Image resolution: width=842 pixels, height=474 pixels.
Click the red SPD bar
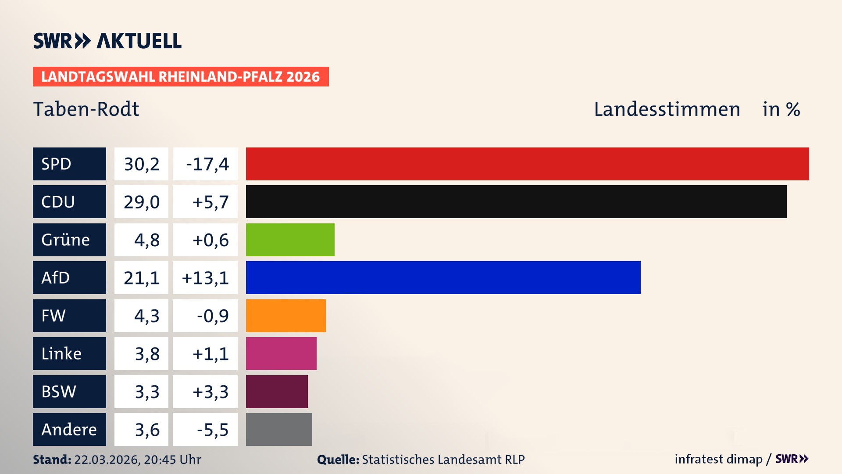(x=527, y=164)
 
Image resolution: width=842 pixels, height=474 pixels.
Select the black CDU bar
(x=516, y=201)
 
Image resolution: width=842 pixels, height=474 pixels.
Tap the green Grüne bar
(x=290, y=240)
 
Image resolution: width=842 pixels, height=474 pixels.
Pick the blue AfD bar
(x=443, y=277)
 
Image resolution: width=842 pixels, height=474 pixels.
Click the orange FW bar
(x=285, y=316)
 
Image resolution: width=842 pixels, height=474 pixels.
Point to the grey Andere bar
(x=279, y=429)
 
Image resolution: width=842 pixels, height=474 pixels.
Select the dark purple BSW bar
(x=277, y=391)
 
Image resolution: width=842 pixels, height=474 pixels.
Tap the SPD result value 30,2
(x=141, y=164)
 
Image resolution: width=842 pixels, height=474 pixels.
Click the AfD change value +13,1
(x=205, y=278)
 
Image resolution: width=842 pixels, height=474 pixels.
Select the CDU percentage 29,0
(x=141, y=202)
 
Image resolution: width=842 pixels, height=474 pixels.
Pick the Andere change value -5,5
(x=212, y=430)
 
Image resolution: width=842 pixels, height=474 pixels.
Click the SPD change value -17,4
(x=207, y=164)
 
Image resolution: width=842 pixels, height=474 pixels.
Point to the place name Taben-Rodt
(x=86, y=109)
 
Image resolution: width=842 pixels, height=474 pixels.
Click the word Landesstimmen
(x=667, y=109)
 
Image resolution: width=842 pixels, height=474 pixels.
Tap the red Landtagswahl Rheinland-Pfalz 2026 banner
(x=181, y=76)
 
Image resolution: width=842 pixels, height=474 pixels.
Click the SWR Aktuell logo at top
(x=107, y=41)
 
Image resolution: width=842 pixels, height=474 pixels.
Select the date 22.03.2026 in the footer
(x=107, y=460)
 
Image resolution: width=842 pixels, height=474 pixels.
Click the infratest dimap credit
(x=718, y=459)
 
